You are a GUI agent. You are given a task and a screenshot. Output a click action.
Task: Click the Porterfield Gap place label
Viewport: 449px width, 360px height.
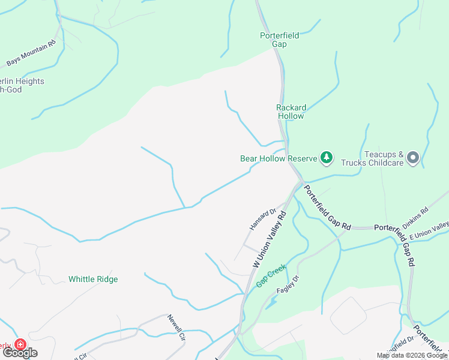279,40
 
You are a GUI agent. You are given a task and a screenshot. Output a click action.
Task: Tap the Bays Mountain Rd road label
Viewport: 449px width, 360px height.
31,53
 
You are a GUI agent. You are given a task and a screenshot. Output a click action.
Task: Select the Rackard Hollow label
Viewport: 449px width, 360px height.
291,112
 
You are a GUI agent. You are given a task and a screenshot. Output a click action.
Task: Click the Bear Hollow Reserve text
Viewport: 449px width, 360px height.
278,158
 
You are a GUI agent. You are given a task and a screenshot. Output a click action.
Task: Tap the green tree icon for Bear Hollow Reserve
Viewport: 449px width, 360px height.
326,158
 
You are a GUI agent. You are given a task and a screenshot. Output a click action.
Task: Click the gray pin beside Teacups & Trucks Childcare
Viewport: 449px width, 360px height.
412,158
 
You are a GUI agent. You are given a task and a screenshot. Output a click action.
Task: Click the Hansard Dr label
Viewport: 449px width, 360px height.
262,219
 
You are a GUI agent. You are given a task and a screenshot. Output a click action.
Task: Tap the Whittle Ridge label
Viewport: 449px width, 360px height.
93,279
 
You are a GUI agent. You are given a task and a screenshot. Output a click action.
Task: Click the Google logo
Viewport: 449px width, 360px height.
20,353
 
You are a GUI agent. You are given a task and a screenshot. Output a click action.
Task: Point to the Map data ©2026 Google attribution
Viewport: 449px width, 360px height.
412,355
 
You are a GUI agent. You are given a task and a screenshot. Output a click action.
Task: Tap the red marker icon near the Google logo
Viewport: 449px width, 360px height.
20,344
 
